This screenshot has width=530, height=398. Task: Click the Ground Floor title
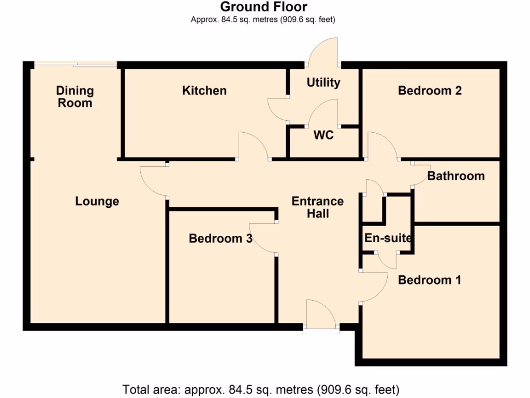[x=263, y=7]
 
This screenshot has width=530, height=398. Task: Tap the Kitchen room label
[x=204, y=91]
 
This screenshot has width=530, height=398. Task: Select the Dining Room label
[x=75, y=97]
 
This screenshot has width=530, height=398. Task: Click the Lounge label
[x=97, y=201]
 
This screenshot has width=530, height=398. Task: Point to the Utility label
[x=323, y=82]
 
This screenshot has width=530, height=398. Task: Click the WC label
[x=323, y=136]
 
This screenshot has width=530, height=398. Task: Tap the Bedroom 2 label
[x=430, y=91]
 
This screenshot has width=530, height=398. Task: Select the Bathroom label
[x=456, y=176]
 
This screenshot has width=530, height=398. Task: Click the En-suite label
[x=388, y=238]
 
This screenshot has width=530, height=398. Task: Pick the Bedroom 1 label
[x=430, y=280]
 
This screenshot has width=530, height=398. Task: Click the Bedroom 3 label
[x=220, y=239]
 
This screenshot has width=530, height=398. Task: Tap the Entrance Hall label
[x=317, y=207]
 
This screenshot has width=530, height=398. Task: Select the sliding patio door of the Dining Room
[x=76, y=64]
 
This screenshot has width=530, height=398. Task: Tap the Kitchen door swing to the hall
[x=253, y=146]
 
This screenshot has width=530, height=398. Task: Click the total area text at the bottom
[x=261, y=389]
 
